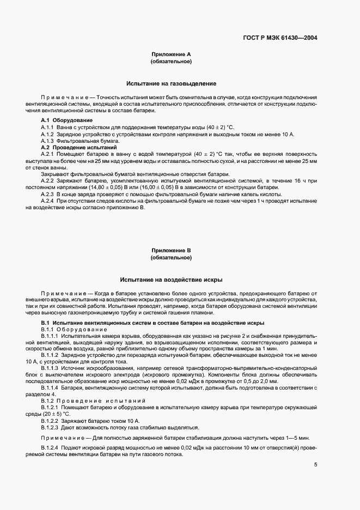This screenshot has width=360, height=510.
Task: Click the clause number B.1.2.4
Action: coord(51,446)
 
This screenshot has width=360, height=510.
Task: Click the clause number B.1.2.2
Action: coord(51,421)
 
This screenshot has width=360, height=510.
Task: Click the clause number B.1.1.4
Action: coord(51,387)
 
